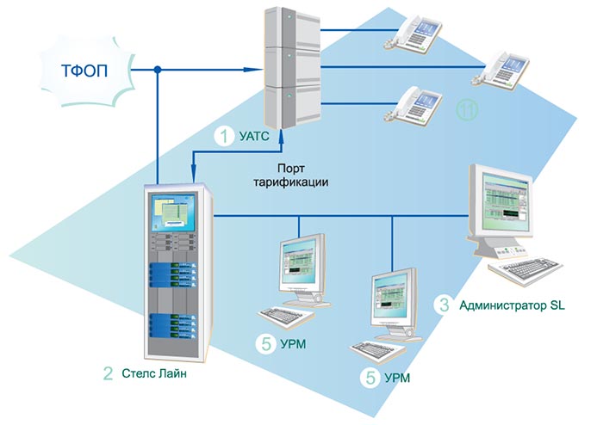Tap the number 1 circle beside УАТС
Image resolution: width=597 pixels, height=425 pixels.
click(224, 135)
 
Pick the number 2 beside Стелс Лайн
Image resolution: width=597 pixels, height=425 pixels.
click(108, 373)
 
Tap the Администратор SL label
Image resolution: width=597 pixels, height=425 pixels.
click(512, 305)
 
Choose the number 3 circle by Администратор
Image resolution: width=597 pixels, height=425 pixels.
click(444, 305)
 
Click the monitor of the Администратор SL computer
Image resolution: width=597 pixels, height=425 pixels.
click(503, 206)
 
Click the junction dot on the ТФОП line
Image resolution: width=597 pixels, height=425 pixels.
click(157, 68)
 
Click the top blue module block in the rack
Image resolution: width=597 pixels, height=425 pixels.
click(174, 273)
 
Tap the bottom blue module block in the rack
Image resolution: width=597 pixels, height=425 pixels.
click(174, 327)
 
